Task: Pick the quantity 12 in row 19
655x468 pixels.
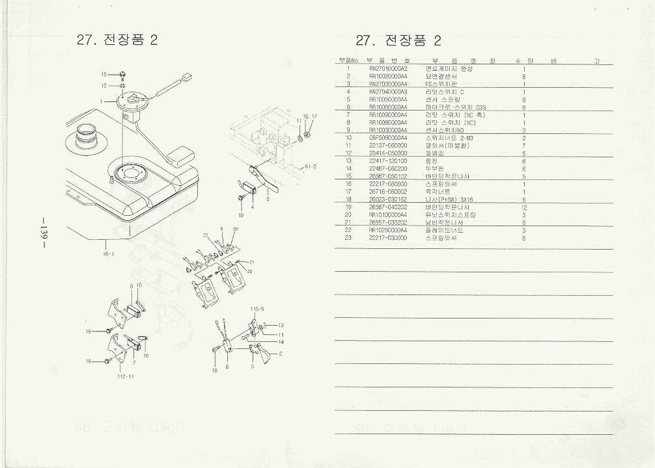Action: pyautogui.click(x=523, y=207)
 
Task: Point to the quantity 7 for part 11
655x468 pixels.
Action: pyautogui.click(x=523, y=146)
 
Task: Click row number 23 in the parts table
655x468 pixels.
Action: pyautogui.click(x=348, y=238)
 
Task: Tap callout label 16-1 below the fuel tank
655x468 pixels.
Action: pyautogui.click(x=108, y=254)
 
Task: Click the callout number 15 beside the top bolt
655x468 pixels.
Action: pyautogui.click(x=104, y=75)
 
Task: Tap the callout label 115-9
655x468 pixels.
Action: pyautogui.click(x=257, y=308)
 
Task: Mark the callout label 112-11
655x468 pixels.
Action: pyautogui.click(x=126, y=376)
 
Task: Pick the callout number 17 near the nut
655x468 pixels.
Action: pyautogui.click(x=314, y=116)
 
